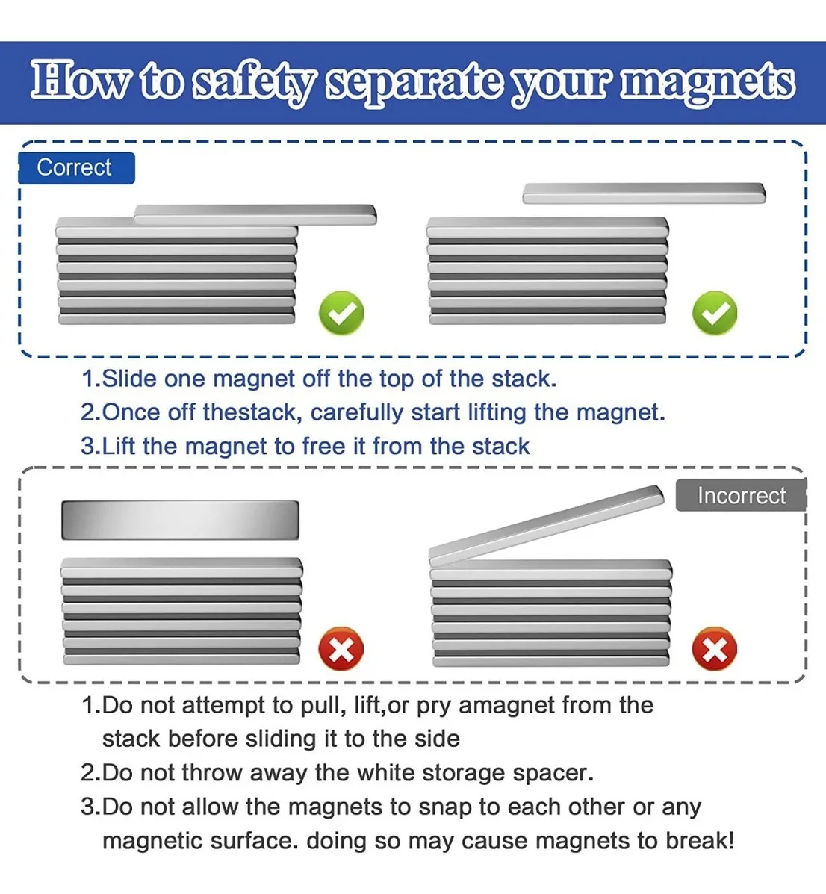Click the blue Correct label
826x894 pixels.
coord(76,167)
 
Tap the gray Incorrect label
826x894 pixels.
coord(741,495)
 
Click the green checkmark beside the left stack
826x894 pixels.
coord(341,313)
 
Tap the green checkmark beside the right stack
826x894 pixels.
coord(714,313)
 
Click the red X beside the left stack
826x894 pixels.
coord(341,649)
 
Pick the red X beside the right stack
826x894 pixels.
coord(714,649)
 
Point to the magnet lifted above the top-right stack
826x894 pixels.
coord(645,193)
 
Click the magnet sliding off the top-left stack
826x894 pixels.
coord(255,214)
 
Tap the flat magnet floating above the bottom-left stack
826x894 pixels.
coord(180,520)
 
